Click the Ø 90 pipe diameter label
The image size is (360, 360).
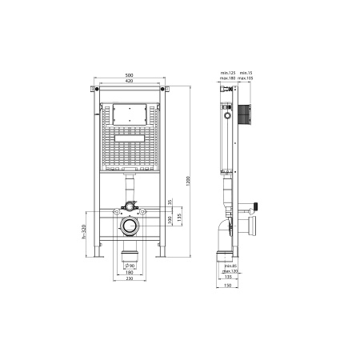[131, 265]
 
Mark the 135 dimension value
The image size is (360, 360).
[179, 218]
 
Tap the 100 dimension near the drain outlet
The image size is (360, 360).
[169, 220]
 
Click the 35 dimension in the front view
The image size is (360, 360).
[169, 202]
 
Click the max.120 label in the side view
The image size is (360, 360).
[230, 271]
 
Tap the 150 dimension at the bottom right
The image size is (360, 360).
[230, 286]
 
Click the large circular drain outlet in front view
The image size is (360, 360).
[129, 226]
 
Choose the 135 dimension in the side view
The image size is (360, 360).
[230, 278]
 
